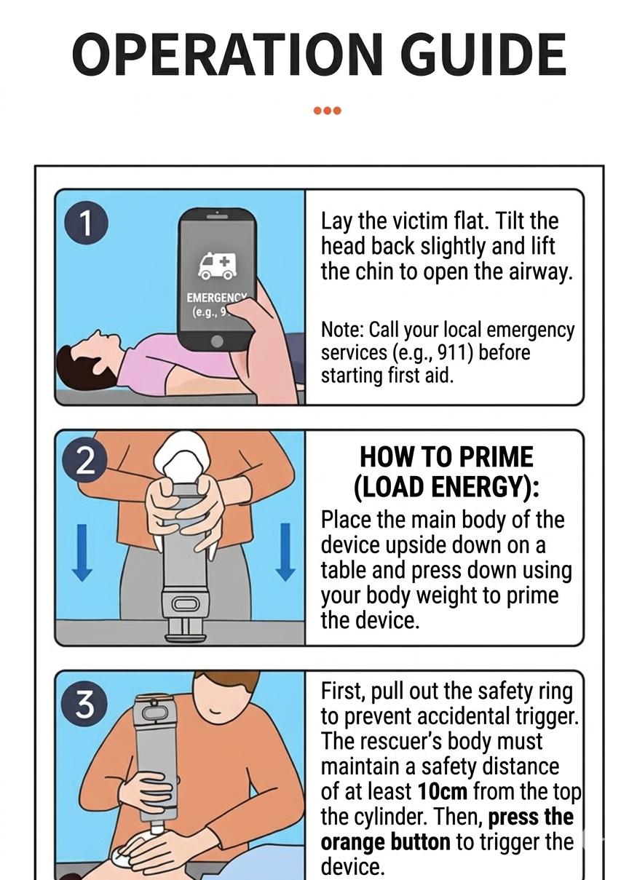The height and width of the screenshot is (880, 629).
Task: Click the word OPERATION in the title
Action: (221, 55)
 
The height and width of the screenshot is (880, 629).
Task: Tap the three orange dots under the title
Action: (327, 111)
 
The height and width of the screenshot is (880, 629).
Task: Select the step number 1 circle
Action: (86, 223)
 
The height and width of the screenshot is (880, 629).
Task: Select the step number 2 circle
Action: (86, 462)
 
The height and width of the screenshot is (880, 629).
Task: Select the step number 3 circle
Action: (86, 703)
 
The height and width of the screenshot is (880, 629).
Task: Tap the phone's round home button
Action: (216, 341)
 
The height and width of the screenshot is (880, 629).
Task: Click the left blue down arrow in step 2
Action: (82, 551)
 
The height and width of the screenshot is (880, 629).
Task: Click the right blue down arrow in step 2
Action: (285, 551)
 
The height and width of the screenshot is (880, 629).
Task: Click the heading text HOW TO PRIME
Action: (446, 457)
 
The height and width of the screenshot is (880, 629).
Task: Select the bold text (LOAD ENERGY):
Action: (446, 487)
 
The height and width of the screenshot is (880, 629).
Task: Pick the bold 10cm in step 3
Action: (443, 791)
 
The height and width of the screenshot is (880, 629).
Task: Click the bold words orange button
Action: (385, 842)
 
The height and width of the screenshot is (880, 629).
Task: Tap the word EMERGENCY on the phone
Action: (216, 298)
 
